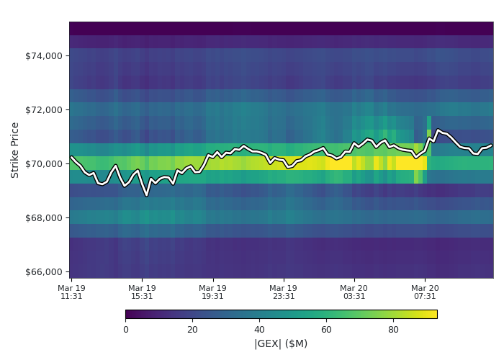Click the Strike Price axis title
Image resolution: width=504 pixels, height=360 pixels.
pyautogui.click(x=15, y=150)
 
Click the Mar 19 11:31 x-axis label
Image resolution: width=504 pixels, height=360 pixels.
pyautogui.click(x=71, y=292)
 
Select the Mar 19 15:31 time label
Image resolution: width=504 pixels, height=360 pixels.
pyautogui.click(x=142, y=292)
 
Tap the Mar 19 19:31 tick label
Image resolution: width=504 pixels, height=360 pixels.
pyautogui.click(x=212, y=292)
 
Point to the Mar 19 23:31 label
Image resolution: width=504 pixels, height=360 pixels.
pyautogui.click(x=284, y=292)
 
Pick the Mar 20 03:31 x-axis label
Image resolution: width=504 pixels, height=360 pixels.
pyautogui.click(x=354, y=292)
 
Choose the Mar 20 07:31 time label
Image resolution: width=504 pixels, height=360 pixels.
pyautogui.click(x=425, y=292)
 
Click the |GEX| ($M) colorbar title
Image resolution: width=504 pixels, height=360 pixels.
pyautogui.click(x=281, y=344)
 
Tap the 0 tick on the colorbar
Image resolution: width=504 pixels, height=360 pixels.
pyautogui.click(x=125, y=330)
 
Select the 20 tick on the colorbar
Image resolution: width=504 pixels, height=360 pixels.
pyautogui.click(x=192, y=330)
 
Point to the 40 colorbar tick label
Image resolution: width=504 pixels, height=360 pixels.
pyautogui.click(x=259, y=330)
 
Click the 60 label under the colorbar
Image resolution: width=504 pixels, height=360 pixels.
pyautogui.click(x=326, y=330)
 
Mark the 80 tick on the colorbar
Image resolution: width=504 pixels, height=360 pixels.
pyautogui.click(x=393, y=330)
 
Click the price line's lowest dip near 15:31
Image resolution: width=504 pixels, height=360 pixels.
pyautogui.click(x=146, y=195)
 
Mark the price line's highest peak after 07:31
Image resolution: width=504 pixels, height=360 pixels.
pyautogui.click(x=438, y=130)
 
